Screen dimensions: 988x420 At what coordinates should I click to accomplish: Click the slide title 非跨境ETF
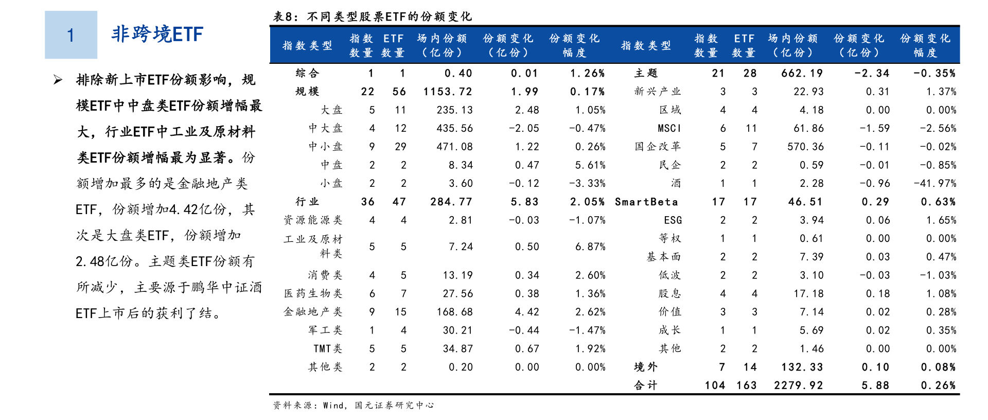pos(157,34)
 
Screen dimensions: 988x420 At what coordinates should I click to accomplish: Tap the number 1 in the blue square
pos(70,35)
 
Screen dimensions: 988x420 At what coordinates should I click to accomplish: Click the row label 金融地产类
pos(313,312)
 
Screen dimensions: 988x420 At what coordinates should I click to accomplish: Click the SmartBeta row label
pos(646,202)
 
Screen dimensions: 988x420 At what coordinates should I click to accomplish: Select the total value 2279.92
pos(798,386)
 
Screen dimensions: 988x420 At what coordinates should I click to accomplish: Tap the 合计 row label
pos(645,386)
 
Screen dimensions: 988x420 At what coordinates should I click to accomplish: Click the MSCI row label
pos(669,128)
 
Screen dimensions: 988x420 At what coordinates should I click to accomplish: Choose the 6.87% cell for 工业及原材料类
pos(590,247)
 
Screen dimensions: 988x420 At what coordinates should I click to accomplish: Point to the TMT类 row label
pos(328,348)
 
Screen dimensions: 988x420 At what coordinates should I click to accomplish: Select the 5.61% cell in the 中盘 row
pos(590,165)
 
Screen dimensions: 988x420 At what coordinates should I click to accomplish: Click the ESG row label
pos(673,220)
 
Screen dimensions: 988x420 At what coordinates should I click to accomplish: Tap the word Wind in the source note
pos(333,406)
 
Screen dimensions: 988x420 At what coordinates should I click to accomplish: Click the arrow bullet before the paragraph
pos(58,80)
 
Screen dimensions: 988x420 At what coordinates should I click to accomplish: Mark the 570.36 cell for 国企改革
pos(805,147)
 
